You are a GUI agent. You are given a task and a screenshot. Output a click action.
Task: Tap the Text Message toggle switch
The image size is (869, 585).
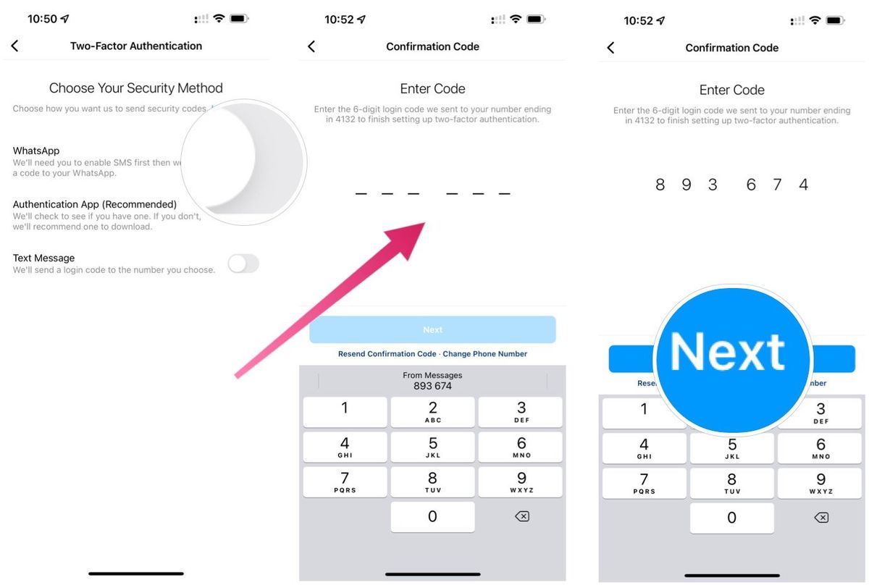243,264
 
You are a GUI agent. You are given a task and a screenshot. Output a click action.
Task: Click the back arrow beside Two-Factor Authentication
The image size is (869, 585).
14,46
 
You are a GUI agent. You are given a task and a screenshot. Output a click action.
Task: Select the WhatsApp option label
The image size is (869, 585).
36,151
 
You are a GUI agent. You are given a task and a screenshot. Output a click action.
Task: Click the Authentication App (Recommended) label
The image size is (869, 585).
95,204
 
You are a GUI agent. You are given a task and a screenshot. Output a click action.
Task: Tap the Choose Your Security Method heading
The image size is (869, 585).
136,88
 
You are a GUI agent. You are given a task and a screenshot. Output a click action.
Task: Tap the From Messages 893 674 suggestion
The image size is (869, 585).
432,382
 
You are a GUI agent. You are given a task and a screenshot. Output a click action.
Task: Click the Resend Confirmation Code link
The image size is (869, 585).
387,354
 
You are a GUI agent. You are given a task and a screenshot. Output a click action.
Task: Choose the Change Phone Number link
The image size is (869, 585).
485,354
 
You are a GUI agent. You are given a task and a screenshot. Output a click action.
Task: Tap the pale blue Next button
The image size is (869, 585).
432,329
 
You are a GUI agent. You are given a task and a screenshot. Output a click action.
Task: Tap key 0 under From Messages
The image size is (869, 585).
432,517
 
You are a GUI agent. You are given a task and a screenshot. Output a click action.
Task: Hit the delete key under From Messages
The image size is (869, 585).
521,517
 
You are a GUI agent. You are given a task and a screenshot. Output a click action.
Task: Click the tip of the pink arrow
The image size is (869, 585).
423,225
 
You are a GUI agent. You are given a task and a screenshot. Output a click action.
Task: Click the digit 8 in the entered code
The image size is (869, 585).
660,185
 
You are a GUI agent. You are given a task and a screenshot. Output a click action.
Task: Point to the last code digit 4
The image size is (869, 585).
803,185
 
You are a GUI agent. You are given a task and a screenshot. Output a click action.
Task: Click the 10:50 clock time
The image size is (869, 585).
42,19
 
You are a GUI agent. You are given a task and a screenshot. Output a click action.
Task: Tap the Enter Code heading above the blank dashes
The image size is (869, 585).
432,89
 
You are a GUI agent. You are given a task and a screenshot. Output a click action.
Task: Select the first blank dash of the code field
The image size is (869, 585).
361,193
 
